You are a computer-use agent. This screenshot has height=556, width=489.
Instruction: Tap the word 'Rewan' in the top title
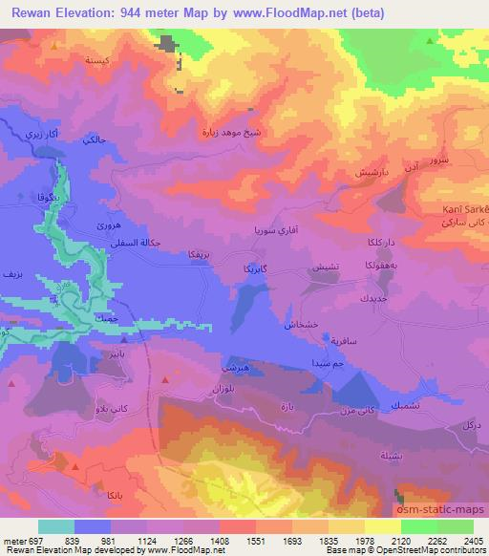click(28, 13)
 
